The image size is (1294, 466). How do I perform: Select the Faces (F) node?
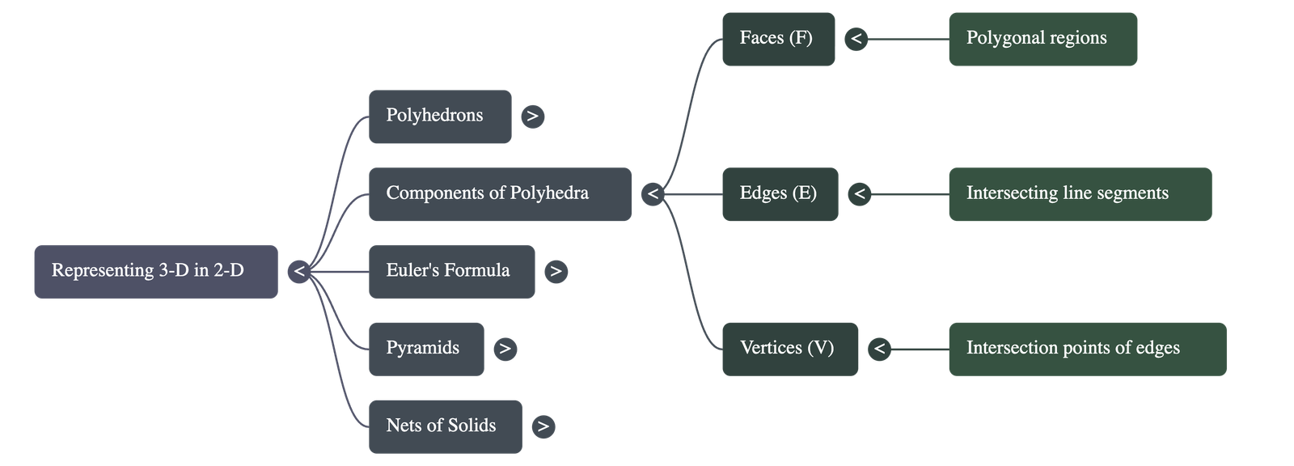point(777,39)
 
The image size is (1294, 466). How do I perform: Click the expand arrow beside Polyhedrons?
point(532,116)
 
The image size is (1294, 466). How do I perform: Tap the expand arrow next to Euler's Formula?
point(556,272)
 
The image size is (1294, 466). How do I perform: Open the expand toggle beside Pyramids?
point(505,349)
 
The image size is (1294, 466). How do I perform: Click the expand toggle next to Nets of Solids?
point(543,426)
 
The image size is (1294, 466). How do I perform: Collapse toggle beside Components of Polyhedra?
point(653,194)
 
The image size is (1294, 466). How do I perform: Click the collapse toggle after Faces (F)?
point(856,39)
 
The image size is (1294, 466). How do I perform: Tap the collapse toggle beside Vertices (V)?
point(879,349)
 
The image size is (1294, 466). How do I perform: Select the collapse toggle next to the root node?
point(299,272)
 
